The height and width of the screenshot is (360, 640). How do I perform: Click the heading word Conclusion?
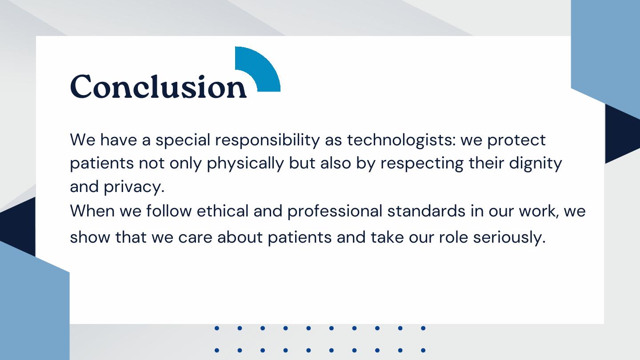point(158,86)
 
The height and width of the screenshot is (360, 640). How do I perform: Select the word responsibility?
point(268,140)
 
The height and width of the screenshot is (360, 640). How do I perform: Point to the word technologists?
point(401,140)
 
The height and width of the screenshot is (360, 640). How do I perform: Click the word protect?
point(516,140)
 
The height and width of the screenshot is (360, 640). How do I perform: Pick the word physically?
point(245,164)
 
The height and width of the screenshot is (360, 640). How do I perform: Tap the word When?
point(92,211)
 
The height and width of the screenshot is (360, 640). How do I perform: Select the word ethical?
point(223,211)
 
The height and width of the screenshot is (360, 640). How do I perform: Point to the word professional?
point(335,212)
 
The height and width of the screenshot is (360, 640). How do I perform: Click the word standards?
point(426,211)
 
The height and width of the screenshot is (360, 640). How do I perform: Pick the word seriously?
point(509,238)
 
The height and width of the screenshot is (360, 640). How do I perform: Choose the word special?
point(183,140)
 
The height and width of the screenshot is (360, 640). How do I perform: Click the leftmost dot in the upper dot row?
point(217,328)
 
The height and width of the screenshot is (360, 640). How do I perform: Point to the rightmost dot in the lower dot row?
point(423,350)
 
